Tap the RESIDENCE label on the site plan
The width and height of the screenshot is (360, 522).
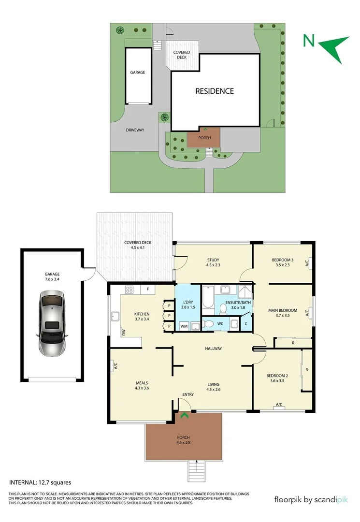[x=215, y=91]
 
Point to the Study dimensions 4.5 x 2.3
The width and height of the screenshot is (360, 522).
[x=213, y=265]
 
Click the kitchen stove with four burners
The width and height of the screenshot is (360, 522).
[x=130, y=290]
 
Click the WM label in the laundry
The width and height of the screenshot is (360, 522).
[x=184, y=326]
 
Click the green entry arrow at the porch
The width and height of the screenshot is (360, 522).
[x=184, y=414]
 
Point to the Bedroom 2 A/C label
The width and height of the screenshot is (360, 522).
[x=279, y=405]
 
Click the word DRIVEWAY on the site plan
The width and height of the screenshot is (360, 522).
[x=135, y=130]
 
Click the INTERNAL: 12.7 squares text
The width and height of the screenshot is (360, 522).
[x=41, y=482]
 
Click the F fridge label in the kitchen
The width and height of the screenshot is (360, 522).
[x=148, y=290]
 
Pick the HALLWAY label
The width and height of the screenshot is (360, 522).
[x=213, y=348]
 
